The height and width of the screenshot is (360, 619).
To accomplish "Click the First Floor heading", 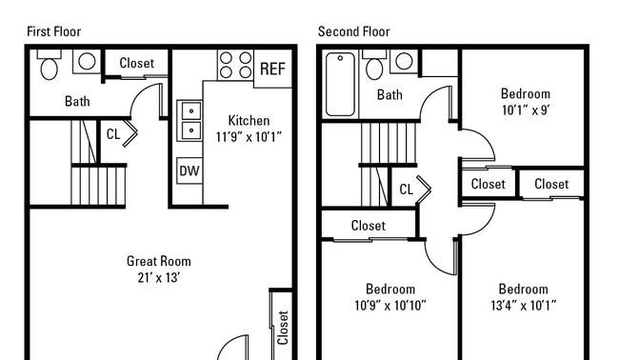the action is tap(53, 31).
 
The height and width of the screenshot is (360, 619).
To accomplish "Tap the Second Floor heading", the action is tap(353, 31).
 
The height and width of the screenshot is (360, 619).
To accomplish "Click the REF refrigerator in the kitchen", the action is tap(272, 69).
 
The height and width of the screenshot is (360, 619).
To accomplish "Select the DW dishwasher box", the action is tap(190, 170).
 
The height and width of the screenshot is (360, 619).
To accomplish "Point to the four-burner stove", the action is tap(235, 65).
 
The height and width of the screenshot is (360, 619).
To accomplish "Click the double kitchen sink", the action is tap(190, 120).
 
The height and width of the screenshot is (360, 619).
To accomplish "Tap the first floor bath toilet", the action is tap(50, 65).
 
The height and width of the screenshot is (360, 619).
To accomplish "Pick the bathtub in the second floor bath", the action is tap(340, 85).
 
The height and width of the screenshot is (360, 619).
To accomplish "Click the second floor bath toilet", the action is tap(374, 65).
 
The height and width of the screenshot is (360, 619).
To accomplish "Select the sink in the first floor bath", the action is tap(87, 61).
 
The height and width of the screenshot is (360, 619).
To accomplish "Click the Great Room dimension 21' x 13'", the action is tap(159, 277).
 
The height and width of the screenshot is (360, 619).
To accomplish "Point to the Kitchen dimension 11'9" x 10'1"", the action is tap(249, 137).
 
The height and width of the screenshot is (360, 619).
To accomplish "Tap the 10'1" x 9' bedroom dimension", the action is tap(526, 110).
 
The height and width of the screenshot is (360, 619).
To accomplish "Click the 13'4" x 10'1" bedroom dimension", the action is tap(524, 305).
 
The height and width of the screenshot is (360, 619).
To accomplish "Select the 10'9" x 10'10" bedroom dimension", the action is tap(390, 305).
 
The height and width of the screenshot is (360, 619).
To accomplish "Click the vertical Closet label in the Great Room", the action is tap(283, 328).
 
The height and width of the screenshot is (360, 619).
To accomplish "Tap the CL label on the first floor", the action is tap(113, 134).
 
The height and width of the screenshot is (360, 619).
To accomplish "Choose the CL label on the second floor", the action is tap(407, 190).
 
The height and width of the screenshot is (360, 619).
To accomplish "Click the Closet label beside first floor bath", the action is tap(136, 63).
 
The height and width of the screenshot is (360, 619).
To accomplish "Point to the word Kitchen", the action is tap(249, 120).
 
